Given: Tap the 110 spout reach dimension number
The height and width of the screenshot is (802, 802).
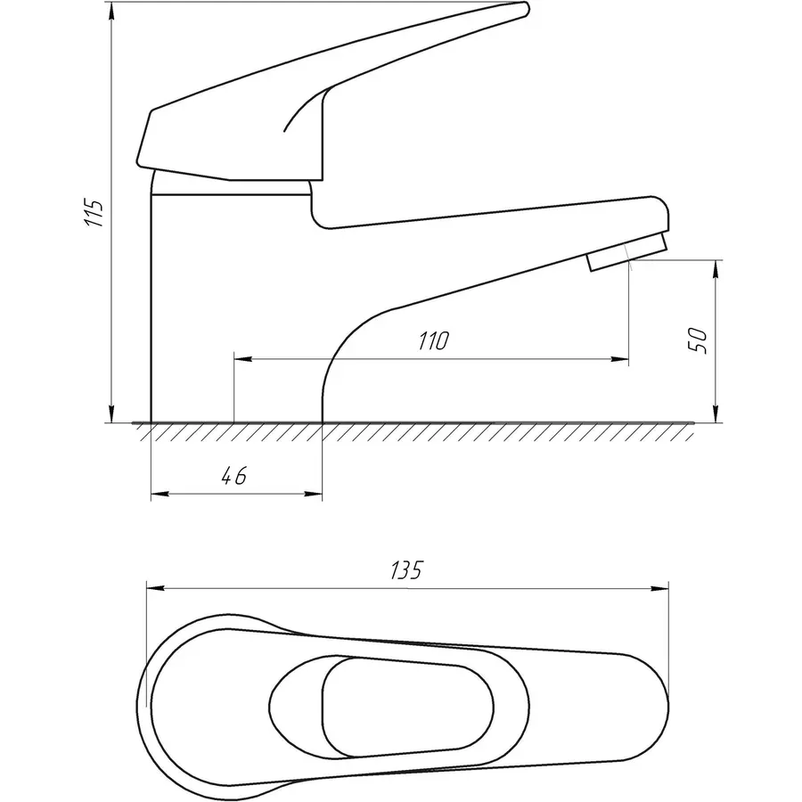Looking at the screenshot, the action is [434, 341].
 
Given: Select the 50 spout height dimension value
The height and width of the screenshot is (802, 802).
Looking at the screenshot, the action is [698, 340].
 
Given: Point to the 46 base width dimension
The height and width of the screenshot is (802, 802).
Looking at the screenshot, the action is [234, 476].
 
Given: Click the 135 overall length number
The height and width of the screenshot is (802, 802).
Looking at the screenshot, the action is [407, 570].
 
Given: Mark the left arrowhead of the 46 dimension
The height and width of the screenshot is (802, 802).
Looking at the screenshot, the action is [160, 494].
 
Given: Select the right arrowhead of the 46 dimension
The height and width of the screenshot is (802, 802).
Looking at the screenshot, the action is [314, 494].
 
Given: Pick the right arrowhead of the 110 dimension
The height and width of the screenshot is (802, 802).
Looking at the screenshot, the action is [620, 360].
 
